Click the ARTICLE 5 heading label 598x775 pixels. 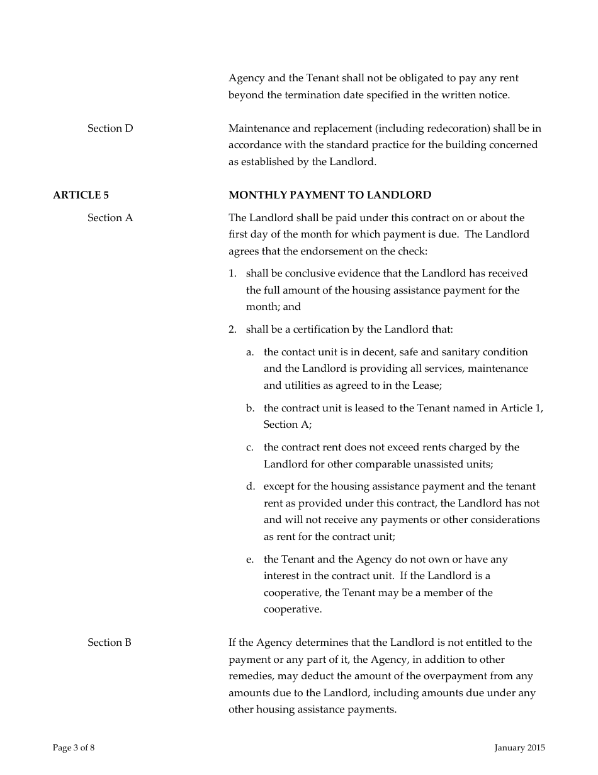point(77,195)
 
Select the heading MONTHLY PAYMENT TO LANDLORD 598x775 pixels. point(330,195)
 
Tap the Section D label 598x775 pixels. point(110,129)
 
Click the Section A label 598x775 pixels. point(110,218)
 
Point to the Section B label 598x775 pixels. point(110,643)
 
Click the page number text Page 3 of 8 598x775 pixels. point(74,748)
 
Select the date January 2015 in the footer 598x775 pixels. point(519,748)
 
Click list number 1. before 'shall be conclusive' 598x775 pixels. point(232,273)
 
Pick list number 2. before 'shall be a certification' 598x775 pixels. point(232,330)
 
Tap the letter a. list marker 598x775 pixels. point(250,352)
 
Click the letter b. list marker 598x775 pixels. point(250,408)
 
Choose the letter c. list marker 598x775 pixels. point(250,447)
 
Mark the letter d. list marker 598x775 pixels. point(250,486)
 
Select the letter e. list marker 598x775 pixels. point(250,560)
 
